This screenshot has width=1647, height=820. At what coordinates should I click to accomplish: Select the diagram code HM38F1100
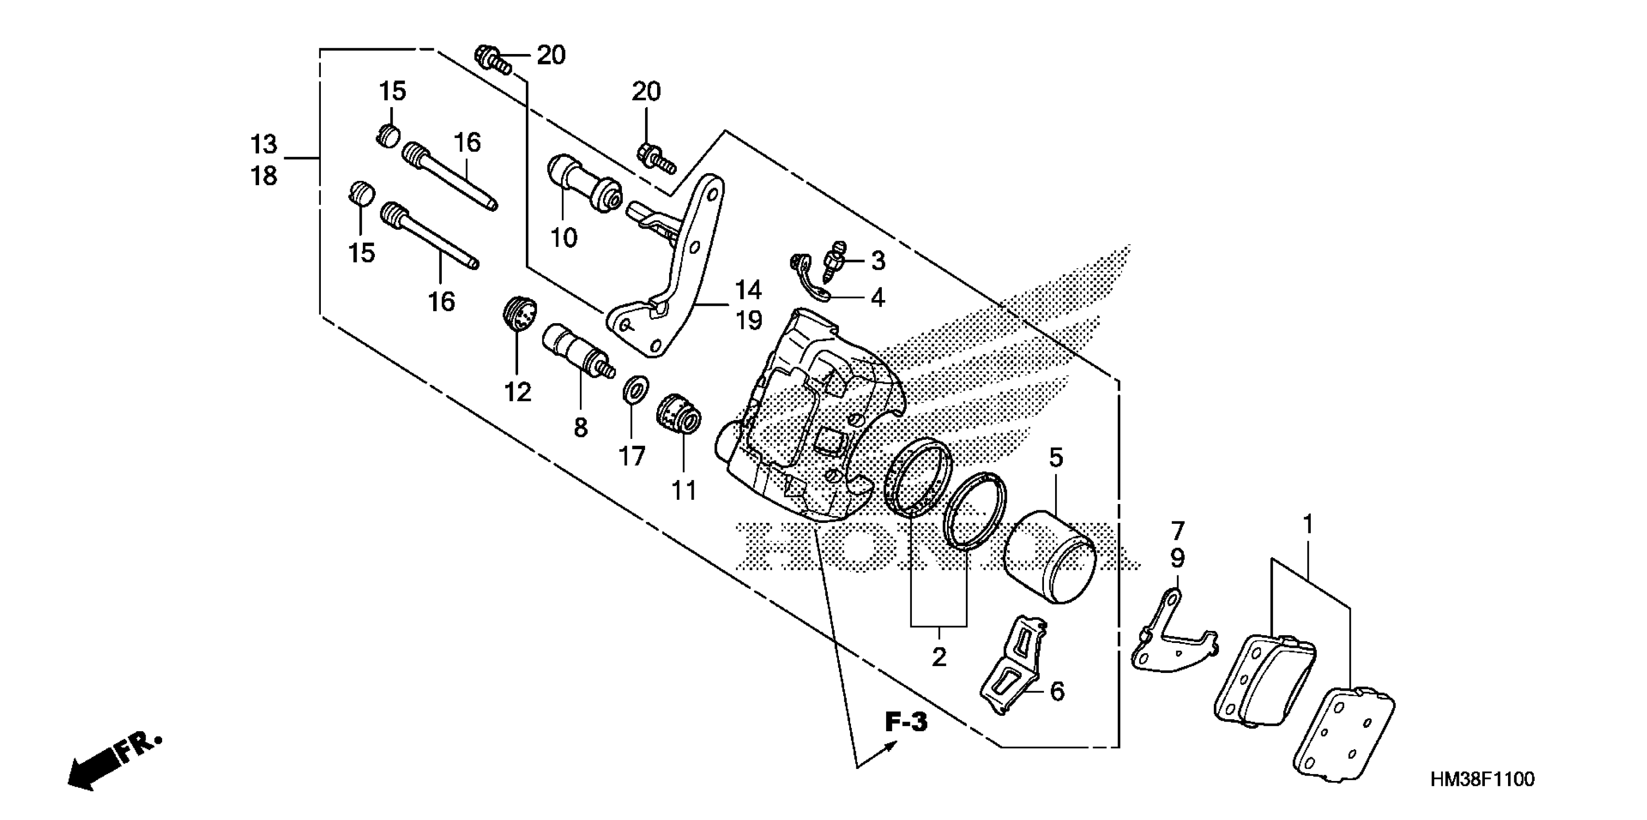tap(1482, 780)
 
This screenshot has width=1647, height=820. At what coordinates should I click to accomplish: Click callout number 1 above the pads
tap(1307, 525)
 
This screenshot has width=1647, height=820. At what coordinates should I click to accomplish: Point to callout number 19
tap(749, 320)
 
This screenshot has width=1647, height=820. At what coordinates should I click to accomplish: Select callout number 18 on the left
tap(263, 175)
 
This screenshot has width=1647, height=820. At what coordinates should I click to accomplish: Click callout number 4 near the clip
tap(878, 297)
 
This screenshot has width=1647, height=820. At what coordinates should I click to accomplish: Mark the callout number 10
tap(564, 238)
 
